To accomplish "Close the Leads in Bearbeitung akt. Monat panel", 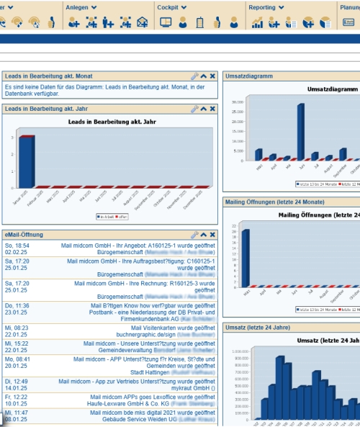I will [x=212, y=76].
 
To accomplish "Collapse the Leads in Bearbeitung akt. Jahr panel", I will [x=203, y=109].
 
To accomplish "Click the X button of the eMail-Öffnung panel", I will [x=212, y=235].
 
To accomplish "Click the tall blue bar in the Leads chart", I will [x=26, y=161].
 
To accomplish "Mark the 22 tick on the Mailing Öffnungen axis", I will [x=234, y=226].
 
